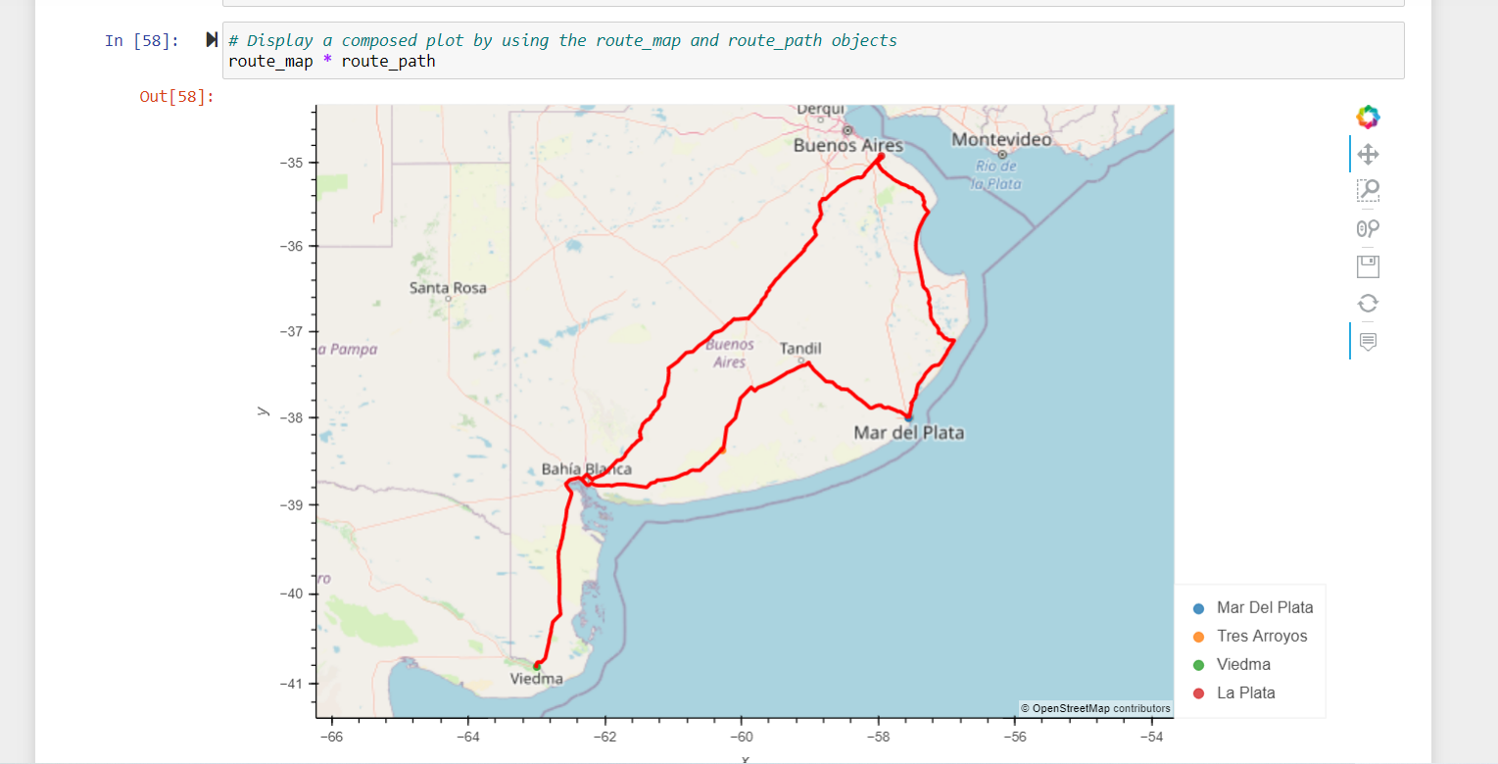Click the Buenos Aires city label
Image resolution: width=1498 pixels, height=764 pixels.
click(x=847, y=145)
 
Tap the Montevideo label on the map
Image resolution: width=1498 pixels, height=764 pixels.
click(x=1001, y=140)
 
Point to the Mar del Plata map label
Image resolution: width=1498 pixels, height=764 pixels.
click(x=909, y=432)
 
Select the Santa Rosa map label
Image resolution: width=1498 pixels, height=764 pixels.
click(x=448, y=287)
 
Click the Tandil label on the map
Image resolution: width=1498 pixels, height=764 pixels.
click(x=800, y=349)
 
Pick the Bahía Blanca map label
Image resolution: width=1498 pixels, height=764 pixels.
click(x=586, y=469)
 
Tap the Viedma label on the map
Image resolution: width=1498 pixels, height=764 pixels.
click(x=537, y=678)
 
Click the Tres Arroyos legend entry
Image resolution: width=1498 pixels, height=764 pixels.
click(x=1262, y=636)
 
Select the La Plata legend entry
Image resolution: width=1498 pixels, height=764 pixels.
click(x=1245, y=692)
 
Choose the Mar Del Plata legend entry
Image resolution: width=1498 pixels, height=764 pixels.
click(x=1264, y=607)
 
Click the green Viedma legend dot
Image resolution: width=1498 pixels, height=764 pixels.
click(x=1198, y=665)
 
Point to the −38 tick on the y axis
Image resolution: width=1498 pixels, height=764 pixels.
click(x=291, y=418)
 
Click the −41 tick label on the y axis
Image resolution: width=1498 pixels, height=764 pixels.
click(x=291, y=683)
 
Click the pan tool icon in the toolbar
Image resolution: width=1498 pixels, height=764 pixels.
click(x=1368, y=154)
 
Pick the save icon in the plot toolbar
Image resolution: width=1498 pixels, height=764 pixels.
click(x=1368, y=266)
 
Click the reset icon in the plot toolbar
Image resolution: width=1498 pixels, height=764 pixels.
click(x=1368, y=304)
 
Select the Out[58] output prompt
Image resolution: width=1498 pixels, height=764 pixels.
click(x=176, y=97)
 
